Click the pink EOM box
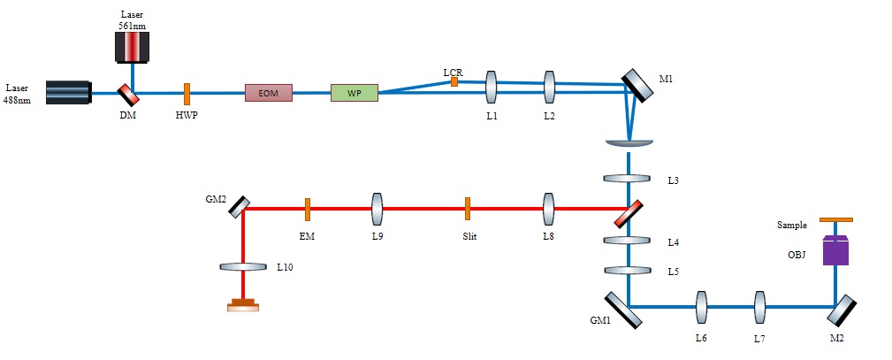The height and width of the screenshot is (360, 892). (268, 92)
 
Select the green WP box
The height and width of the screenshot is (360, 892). (354, 92)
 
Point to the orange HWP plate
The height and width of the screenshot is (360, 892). (187, 92)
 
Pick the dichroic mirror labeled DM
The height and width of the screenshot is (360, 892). (128, 92)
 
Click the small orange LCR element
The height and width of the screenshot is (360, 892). (454, 81)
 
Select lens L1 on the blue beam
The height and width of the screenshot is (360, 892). (492, 88)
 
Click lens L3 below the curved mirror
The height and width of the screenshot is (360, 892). (627, 180)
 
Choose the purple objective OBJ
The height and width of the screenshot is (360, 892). (835, 250)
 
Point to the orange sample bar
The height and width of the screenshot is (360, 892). (835, 219)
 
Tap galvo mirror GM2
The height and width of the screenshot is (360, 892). (238, 207)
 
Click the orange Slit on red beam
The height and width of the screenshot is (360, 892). (467, 209)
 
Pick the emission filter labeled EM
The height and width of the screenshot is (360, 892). (307, 209)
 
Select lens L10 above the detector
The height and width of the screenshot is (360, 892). (242, 265)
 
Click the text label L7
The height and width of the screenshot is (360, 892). (759, 338)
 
